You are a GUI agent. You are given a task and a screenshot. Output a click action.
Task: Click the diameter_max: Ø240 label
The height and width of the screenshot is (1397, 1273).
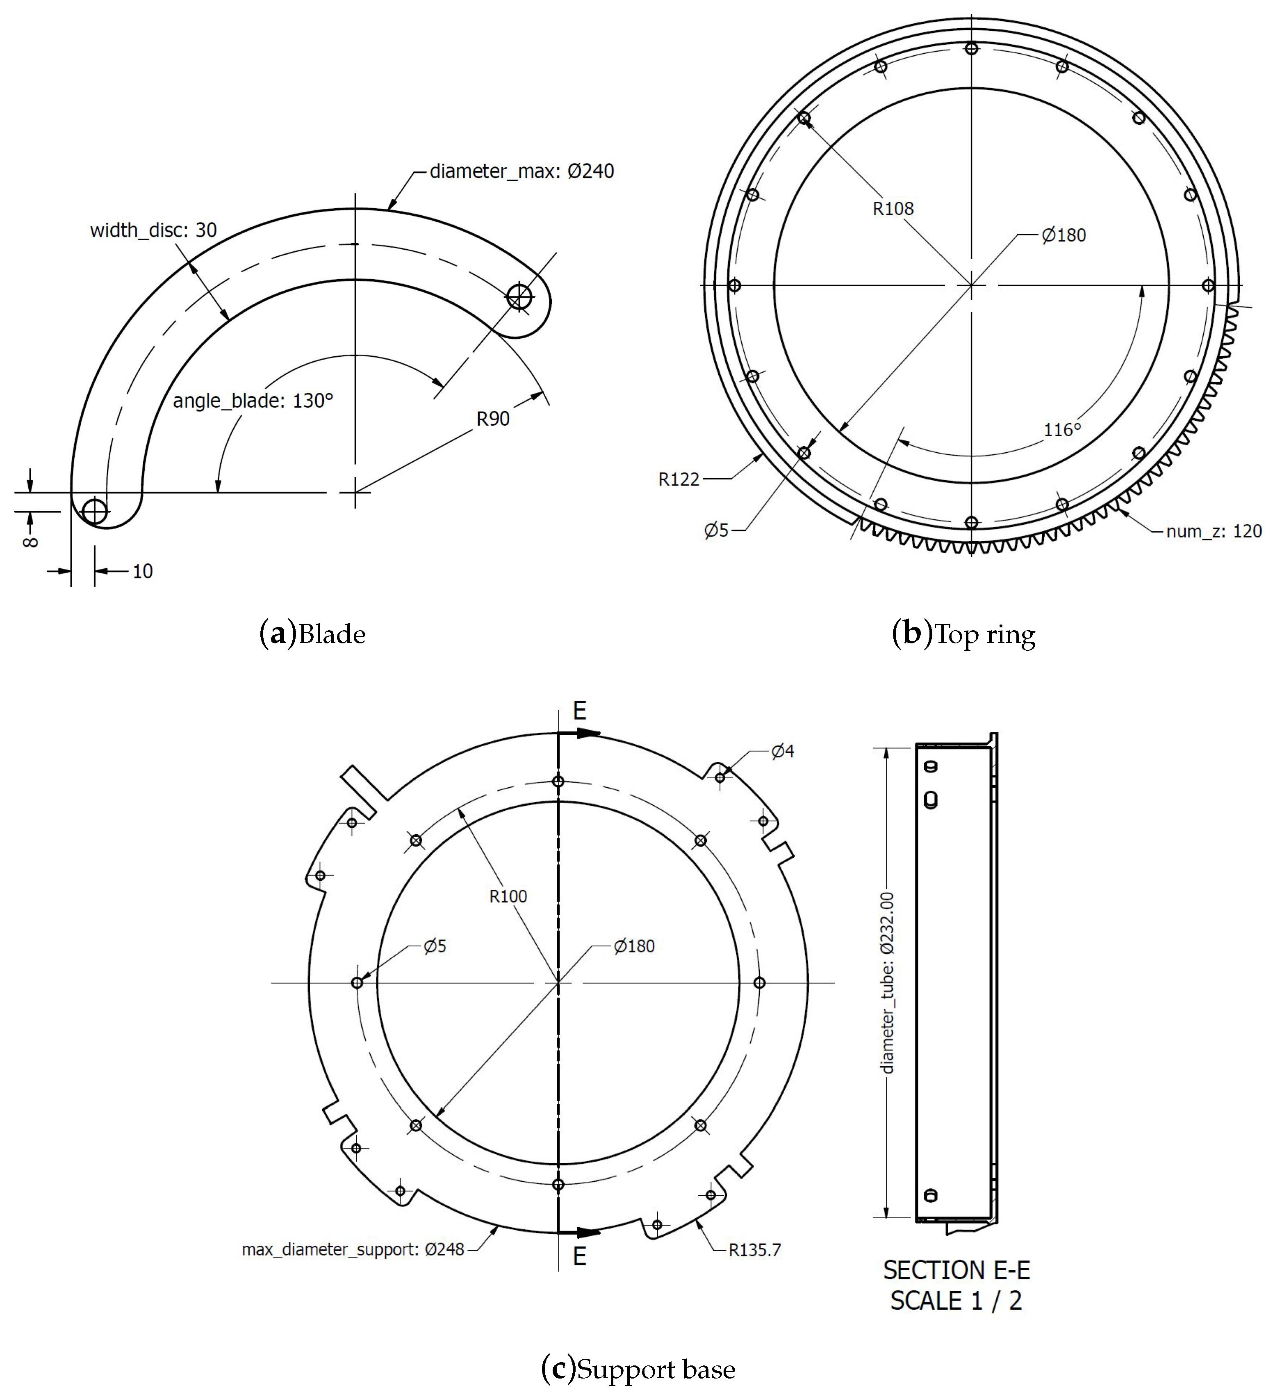[x=521, y=171]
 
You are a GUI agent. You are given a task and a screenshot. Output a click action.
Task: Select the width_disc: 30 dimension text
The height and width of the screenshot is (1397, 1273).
[x=153, y=230]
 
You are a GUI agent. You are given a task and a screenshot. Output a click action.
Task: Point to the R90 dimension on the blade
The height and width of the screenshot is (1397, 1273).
[x=493, y=419]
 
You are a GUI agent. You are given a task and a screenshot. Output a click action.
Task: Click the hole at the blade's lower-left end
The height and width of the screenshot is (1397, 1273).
[x=94, y=511]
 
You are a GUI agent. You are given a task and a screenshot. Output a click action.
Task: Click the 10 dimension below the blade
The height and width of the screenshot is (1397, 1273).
[x=142, y=571]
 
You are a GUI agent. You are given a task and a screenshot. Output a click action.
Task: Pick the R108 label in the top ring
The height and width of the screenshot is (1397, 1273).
[x=893, y=209]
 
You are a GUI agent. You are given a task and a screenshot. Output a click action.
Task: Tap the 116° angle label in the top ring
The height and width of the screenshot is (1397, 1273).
[x=1062, y=430]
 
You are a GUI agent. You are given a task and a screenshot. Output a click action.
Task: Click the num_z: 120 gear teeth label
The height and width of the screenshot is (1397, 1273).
[x=1214, y=531]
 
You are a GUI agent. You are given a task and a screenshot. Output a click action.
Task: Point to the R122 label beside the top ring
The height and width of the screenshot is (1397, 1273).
[x=679, y=479]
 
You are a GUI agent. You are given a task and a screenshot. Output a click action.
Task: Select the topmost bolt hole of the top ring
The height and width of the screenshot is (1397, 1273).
[x=971, y=48]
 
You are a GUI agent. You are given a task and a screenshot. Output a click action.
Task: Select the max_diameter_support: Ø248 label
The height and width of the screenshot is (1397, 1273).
[x=353, y=1249]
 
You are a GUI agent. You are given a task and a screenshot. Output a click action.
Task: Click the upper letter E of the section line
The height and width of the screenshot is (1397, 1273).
[x=579, y=711]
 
